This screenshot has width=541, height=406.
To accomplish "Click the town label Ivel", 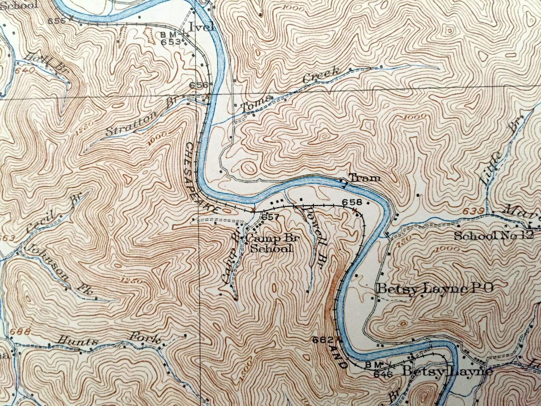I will [202, 27].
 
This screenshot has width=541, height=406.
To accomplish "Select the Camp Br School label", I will [272, 243].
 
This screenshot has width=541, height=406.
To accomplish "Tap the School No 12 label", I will [493, 236].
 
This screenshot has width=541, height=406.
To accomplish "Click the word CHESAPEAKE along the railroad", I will [201, 177].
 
